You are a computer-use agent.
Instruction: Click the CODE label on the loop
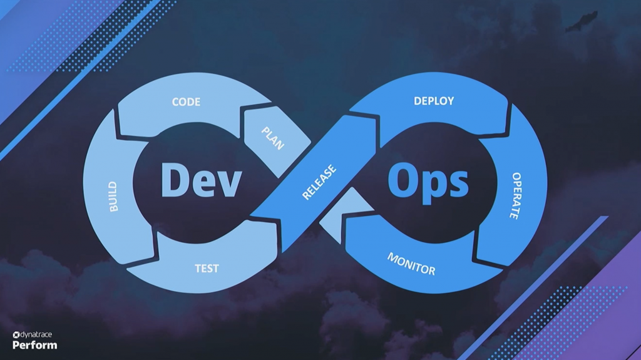(186, 101)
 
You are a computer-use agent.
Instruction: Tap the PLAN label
(273, 138)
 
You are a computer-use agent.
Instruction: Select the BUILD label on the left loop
(113, 197)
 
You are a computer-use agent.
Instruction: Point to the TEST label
(207, 269)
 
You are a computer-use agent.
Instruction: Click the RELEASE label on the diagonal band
(319, 182)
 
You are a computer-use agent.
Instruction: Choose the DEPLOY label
(434, 101)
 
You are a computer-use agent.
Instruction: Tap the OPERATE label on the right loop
(516, 195)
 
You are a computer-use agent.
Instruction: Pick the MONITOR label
(411, 264)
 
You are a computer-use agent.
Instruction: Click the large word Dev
(201, 180)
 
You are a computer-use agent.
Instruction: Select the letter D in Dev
(175, 180)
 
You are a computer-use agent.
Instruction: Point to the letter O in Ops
(403, 180)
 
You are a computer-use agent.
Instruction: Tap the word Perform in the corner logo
(35, 345)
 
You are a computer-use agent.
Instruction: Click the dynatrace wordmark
(36, 334)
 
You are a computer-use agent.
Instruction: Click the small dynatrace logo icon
(16, 335)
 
